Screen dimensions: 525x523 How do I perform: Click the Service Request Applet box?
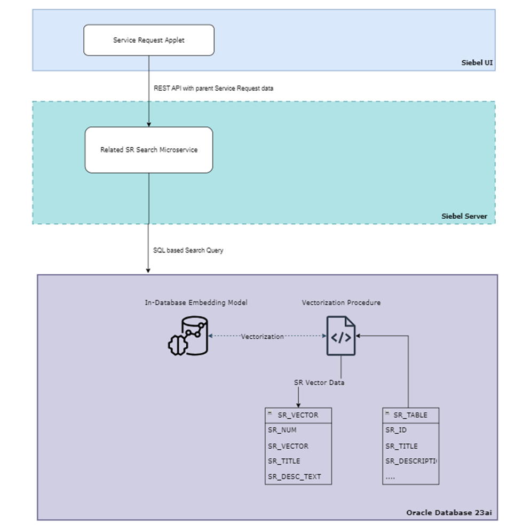149,40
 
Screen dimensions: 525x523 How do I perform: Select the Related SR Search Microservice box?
149,150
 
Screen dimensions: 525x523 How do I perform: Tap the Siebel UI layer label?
477,63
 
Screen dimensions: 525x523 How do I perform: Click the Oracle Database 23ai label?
449,513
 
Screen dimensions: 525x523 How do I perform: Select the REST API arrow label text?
213,89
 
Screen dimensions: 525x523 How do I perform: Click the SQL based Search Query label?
188,250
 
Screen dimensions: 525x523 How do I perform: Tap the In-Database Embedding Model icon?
187,336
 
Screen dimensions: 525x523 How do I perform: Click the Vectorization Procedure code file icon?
341,336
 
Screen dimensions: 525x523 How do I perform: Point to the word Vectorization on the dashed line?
262,337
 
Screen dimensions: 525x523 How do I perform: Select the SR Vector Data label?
319,383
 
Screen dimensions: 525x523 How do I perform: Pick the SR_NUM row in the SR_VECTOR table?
282,430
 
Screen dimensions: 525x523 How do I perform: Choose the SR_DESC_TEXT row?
294,476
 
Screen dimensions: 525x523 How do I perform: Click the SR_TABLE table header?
410,415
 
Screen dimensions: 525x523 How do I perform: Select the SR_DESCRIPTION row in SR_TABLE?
410,461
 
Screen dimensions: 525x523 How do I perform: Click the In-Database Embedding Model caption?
196,303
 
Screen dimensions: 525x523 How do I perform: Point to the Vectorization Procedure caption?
341,303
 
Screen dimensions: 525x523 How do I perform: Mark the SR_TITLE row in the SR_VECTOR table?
284,461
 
